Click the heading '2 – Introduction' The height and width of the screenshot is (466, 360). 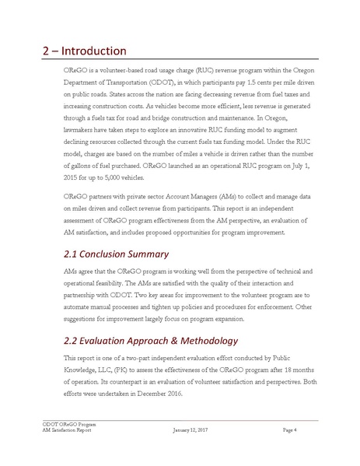(84, 51)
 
